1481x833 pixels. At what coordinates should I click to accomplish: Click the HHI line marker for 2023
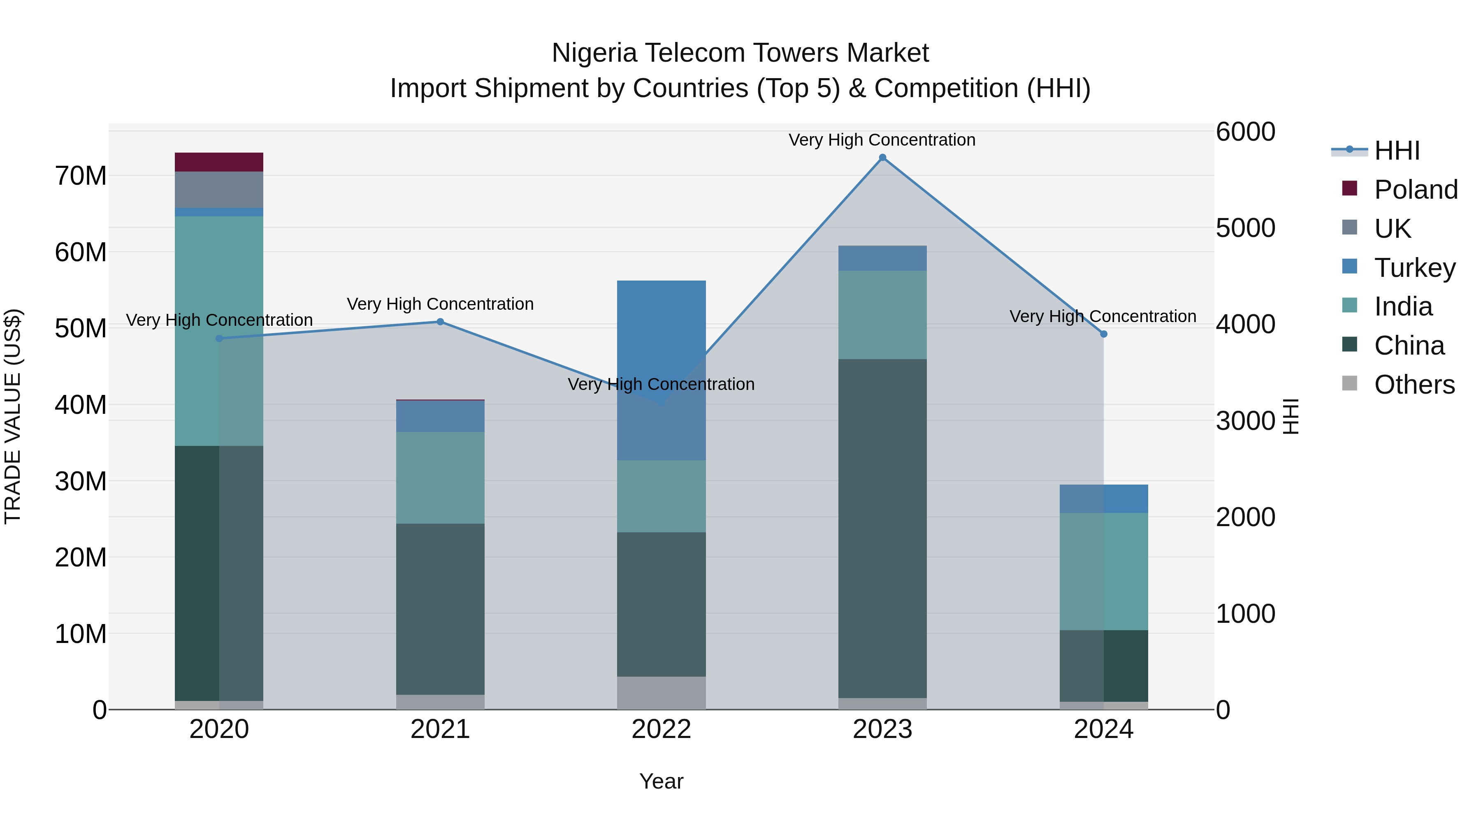pyautogui.click(x=882, y=158)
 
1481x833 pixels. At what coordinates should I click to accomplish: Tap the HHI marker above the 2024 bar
pyautogui.click(x=1103, y=334)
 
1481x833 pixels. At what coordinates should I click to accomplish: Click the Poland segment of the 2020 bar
pyautogui.click(x=218, y=162)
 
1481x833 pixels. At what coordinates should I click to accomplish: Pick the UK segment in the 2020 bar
pyautogui.click(x=218, y=189)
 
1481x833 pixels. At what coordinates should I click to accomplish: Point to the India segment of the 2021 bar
pyautogui.click(x=440, y=477)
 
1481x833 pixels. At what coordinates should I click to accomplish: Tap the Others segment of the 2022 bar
pyautogui.click(x=661, y=692)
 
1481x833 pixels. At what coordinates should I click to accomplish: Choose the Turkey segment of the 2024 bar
pyautogui.click(x=1103, y=499)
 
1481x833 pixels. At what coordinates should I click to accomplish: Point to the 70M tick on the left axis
pyautogui.click(x=81, y=176)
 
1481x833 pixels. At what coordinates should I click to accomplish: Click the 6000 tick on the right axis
pyautogui.click(x=1245, y=132)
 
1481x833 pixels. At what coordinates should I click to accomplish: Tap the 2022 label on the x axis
pyautogui.click(x=661, y=729)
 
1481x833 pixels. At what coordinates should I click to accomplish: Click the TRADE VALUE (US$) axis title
pyautogui.click(x=13, y=416)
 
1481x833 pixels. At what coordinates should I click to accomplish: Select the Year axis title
pyautogui.click(x=661, y=781)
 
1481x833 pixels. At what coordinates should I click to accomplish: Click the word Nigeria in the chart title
pyautogui.click(x=594, y=53)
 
